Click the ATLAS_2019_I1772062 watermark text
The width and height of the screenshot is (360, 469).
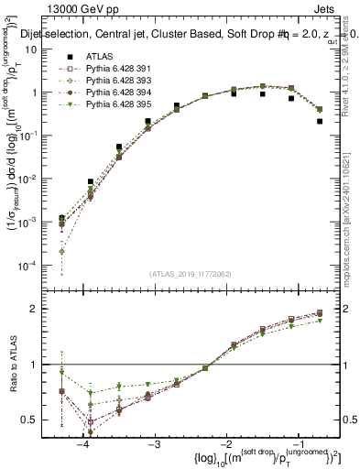(x=190, y=273)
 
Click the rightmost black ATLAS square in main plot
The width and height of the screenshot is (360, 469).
(x=320, y=121)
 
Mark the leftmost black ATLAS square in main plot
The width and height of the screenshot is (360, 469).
(x=61, y=218)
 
